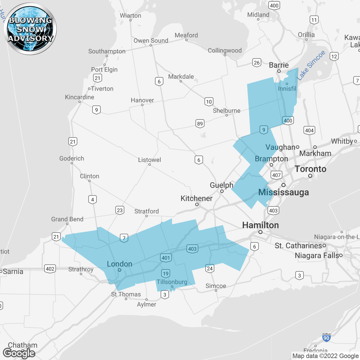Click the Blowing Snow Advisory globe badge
tap(30, 29)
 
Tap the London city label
tap(120, 264)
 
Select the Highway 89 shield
tap(200, 123)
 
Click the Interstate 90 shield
tap(326, 337)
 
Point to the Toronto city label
tap(310, 169)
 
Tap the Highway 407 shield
tap(276, 175)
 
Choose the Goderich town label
tap(72, 158)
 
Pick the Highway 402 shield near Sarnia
tap(50, 269)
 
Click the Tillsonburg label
tap(172, 282)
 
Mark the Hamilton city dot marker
tap(260, 232)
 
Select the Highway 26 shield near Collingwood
tap(257, 62)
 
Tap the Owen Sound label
tap(151, 40)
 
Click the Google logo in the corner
tap(19, 353)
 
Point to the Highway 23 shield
tap(120, 210)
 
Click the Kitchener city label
tap(196, 198)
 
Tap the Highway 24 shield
tap(210, 268)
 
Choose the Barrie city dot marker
tap(279, 71)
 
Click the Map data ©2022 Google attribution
tap(325, 356)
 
